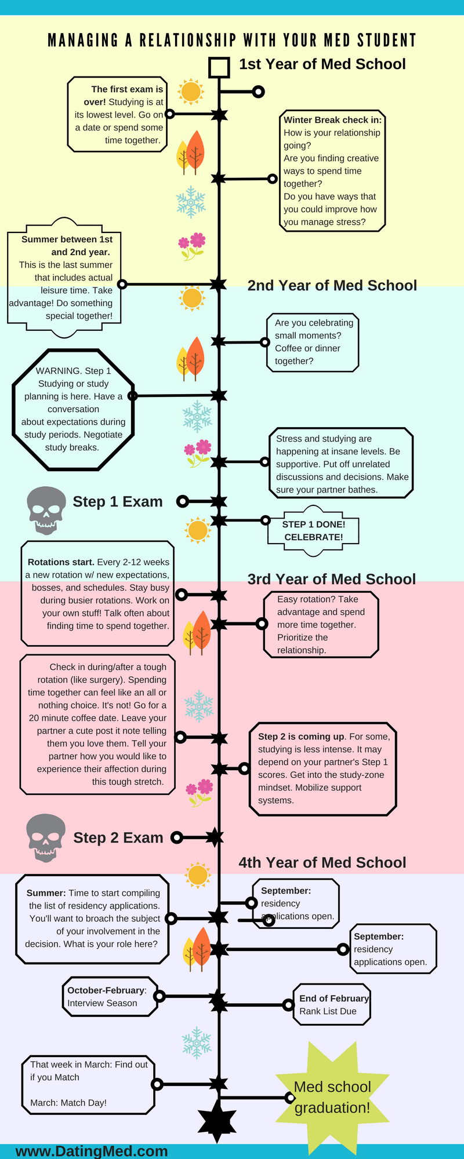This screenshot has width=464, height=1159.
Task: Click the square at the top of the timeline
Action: pos(219,68)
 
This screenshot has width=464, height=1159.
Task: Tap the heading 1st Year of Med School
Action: pos(322,64)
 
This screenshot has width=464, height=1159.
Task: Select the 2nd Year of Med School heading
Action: pos(332,286)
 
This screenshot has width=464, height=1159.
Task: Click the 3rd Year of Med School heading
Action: pos(331,579)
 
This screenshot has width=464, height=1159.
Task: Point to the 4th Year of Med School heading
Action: pos(322,862)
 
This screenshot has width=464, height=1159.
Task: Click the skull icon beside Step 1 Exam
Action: pos(46,509)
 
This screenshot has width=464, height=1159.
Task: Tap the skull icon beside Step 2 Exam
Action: pos(46,837)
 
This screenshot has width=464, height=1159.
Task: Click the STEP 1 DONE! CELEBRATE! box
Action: pos(313,531)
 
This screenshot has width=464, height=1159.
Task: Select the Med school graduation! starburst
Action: pos(332,1097)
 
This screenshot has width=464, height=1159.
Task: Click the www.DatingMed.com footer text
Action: pos(92,1151)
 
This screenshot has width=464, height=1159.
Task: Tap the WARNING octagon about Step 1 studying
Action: pos(73,409)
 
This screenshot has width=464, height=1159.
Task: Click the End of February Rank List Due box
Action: pos(332,1004)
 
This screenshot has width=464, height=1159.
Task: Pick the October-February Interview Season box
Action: pos(110,997)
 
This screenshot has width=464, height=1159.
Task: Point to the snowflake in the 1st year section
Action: pos(191,202)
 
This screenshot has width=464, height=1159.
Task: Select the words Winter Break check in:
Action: pos(332,120)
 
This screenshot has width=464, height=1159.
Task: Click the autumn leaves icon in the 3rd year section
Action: pos(197,632)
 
